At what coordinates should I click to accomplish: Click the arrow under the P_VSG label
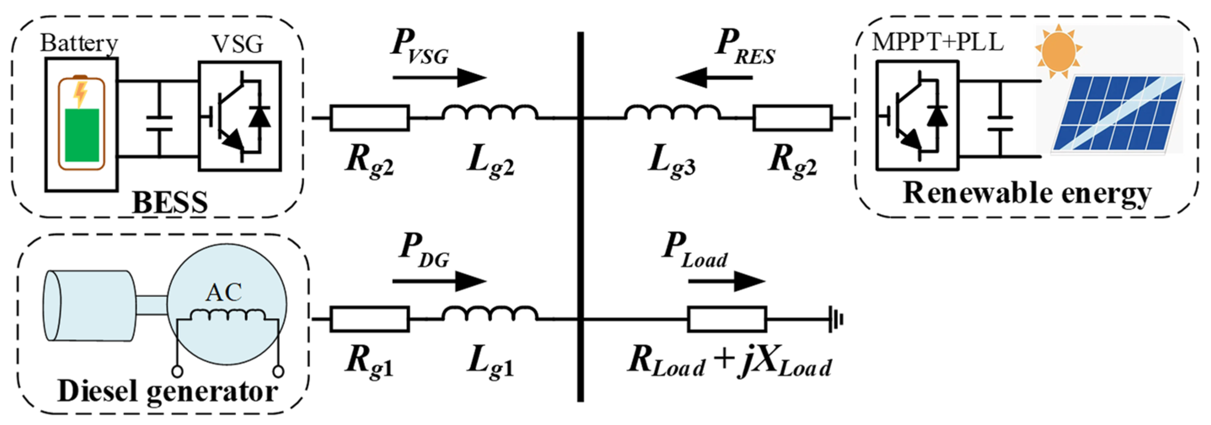click(x=439, y=77)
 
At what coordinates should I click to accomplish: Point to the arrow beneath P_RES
click(x=714, y=77)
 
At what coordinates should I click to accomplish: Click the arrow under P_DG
click(x=439, y=282)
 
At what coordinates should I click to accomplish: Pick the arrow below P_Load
click(x=727, y=282)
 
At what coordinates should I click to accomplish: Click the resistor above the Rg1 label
click(x=370, y=320)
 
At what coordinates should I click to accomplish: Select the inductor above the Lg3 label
click(x=672, y=113)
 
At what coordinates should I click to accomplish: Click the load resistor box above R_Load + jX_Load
click(x=727, y=320)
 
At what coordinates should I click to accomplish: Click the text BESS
click(x=170, y=202)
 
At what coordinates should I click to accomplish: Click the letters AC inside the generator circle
click(x=224, y=293)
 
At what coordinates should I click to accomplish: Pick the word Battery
click(x=79, y=43)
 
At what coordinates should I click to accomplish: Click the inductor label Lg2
click(x=490, y=162)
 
